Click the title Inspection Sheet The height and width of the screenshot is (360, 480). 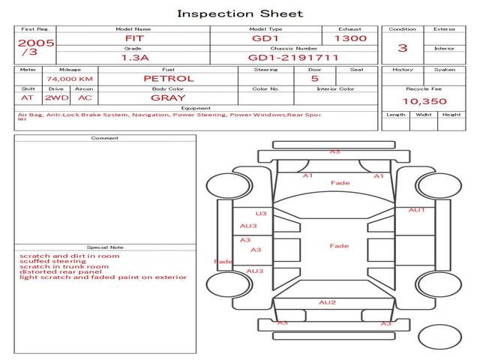240,13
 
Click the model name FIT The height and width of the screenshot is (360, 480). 133,37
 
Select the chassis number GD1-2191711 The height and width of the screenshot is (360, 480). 293,57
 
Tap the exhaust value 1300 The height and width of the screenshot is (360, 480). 350,37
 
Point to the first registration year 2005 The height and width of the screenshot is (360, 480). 36,43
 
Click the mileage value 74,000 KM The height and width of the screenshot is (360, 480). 70,79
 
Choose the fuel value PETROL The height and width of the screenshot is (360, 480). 168,78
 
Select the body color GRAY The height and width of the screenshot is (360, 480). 168,97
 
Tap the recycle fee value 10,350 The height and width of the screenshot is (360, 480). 424,100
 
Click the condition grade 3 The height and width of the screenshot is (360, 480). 403,48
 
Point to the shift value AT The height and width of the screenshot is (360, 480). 28,97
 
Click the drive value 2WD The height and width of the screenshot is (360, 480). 55,97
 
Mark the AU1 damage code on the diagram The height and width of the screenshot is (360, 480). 416,210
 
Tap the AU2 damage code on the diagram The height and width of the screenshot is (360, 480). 328,302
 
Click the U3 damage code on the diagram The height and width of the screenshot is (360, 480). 261,213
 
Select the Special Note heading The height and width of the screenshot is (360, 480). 105,247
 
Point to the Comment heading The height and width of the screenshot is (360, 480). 105,138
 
